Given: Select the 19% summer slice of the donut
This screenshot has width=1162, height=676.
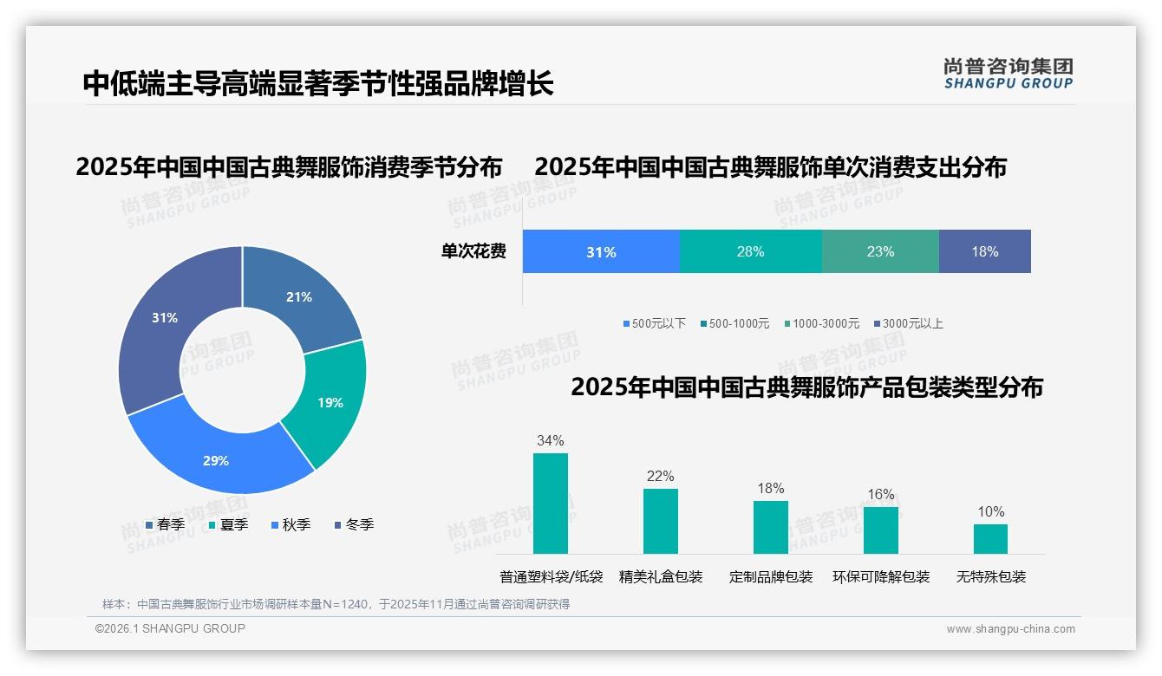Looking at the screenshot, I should (x=330, y=402).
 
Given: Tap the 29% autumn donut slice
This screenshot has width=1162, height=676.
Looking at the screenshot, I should (x=216, y=460).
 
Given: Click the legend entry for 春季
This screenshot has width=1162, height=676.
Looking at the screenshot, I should (x=165, y=524).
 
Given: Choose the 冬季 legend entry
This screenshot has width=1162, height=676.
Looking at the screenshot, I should (x=354, y=524).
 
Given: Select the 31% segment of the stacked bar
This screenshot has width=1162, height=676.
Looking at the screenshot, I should (x=601, y=252).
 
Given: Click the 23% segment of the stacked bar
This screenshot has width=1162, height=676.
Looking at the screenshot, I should (x=880, y=252).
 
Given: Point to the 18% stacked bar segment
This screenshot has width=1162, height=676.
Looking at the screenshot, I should (x=985, y=252).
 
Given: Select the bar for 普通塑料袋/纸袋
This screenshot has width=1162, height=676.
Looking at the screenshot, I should (x=551, y=504).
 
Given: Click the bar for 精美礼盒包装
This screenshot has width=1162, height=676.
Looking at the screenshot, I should (x=661, y=521).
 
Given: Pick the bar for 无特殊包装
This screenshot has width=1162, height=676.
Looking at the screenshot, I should (x=990, y=538).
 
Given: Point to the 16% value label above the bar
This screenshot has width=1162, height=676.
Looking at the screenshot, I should (x=880, y=495).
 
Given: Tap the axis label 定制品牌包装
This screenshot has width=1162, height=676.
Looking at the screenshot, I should (x=771, y=576).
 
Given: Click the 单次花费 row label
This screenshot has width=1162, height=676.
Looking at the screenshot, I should (x=473, y=252).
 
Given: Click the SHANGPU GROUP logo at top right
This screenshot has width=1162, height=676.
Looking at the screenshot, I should (x=1008, y=74).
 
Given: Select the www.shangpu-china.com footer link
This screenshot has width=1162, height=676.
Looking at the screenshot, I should (x=1010, y=629).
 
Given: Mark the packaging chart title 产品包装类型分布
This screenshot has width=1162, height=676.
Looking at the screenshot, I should (x=806, y=387).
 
